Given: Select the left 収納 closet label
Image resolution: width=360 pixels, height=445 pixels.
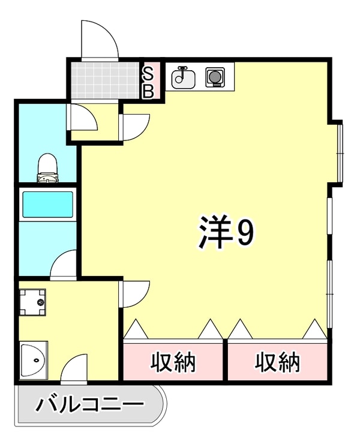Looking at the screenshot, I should pyautogui.click(x=173, y=362).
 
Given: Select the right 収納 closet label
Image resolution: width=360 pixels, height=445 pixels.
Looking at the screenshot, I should pyautogui.click(x=277, y=362).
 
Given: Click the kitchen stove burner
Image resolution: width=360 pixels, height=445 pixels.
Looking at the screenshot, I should pyautogui.click(x=214, y=77).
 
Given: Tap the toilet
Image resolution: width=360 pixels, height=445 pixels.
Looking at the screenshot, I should pyautogui.click(x=47, y=167).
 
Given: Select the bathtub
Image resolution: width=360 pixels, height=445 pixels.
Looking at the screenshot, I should pyautogui.click(x=47, y=204).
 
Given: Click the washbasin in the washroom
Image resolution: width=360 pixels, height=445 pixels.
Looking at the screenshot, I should pyautogui.click(x=34, y=360).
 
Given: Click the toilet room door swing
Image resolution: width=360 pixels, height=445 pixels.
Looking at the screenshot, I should pyautogui.click(x=84, y=118).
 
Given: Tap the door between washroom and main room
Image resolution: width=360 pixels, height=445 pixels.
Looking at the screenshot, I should pyautogui.click(x=135, y=294).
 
